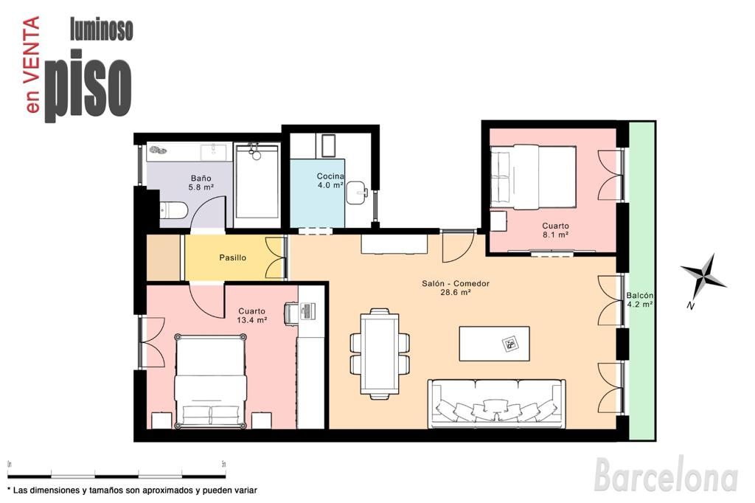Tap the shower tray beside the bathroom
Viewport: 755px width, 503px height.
(257, 184)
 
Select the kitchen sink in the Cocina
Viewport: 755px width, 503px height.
(357, 191)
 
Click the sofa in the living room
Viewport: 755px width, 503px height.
(497, 402)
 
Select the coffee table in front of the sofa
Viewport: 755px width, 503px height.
(494, 344)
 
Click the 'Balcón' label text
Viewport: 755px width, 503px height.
(639, 295)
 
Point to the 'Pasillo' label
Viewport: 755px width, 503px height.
(232, 258)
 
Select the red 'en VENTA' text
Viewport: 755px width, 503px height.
(32, 66)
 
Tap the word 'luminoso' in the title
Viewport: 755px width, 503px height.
(101, 30)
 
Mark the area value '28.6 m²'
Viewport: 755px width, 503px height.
(456, 293)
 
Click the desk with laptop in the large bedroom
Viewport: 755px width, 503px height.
(308, 312)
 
